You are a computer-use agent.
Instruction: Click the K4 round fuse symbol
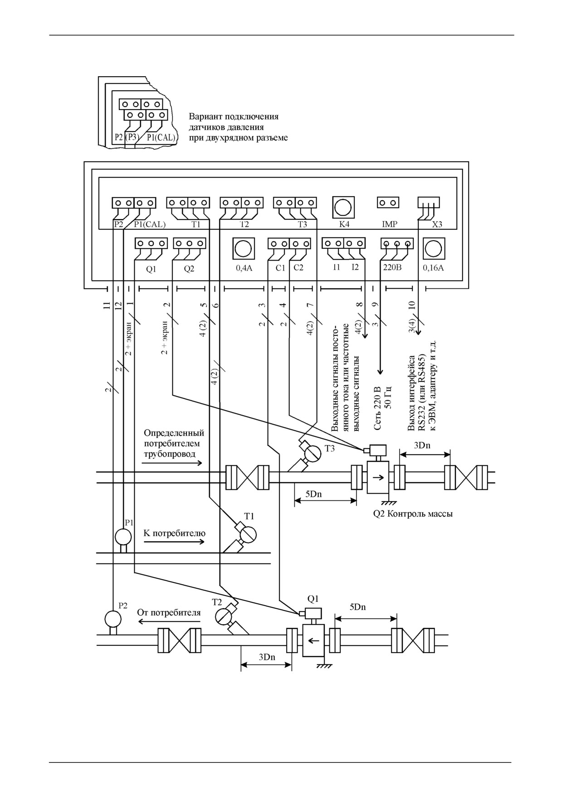coord(343,208)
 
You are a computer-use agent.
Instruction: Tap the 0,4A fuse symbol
coord(244,249)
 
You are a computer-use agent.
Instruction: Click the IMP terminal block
coord(388,203)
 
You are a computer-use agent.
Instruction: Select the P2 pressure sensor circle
coord(112,619)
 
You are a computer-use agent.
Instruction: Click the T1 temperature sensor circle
coord(248,534)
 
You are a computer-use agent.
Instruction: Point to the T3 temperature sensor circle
coord(312,453)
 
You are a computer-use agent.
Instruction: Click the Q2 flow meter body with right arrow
coord(378,477)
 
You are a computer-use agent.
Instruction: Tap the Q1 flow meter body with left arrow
coord(313,640)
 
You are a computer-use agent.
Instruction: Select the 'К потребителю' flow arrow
coord(174,542)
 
